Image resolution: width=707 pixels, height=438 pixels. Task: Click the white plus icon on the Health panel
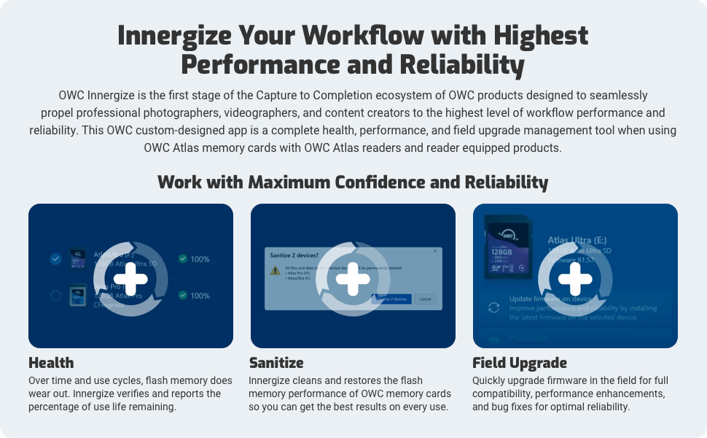tap(130, 278)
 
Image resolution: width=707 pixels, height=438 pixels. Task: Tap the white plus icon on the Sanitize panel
tap(353, 278)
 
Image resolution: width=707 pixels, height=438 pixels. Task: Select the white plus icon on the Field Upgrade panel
tap(575, 278)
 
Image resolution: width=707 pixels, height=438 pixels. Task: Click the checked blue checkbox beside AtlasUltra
tap(55, 259)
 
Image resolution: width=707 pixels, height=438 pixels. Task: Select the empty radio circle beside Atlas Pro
tap(55, 296)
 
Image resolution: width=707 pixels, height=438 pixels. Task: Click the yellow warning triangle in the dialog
tap(275, 270)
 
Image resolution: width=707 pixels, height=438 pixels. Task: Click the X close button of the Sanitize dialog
tap(436, 251)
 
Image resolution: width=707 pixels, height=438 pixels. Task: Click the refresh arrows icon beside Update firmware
tap(494, 307)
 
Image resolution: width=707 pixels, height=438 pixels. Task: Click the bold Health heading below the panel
tap(51, 363)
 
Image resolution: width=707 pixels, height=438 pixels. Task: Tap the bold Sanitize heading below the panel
tap(276, 363)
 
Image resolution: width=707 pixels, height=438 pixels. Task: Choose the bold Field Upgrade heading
tap(519, 363)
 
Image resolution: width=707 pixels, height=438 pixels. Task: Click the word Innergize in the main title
tap(172, 36)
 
